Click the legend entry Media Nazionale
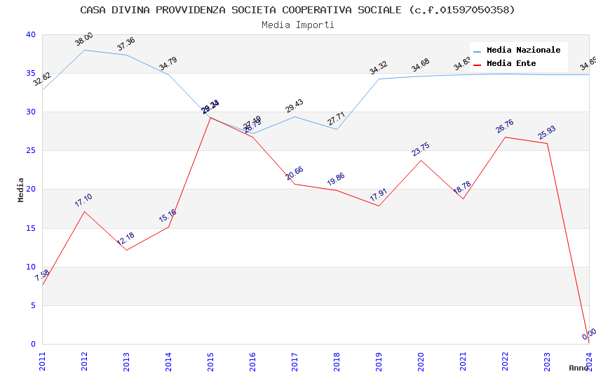pos(523,51)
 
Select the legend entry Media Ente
pos(511,64)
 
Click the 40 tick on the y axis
pos(29,34)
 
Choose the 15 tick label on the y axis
pos(29,228)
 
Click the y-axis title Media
pos(21,189)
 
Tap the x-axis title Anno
pos(578,368)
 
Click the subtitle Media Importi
pos(298,25)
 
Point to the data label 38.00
pos(84,39)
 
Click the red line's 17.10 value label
pos(83,200)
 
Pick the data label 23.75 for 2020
pos(421,149)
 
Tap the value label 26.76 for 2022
pos(505,126)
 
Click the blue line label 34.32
pos(379,68)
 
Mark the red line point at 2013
pos(126,250)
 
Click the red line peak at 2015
pos(210,117)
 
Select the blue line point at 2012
pos(84,50)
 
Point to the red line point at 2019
pos(379,206)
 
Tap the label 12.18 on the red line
pos(126,239)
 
